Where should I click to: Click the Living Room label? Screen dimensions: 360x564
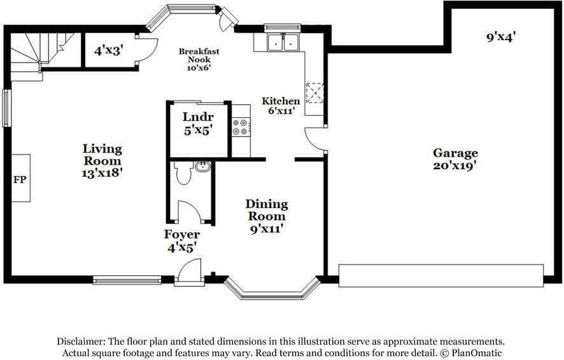(102, 160)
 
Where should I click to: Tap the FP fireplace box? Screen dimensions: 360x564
(20, 179)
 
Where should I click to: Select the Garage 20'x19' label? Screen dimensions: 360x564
(455, 158)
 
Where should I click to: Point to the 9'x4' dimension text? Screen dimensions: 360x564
(500, 37)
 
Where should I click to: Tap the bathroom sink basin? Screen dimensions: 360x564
(202, 167)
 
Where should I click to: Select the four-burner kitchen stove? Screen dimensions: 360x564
(241, 126)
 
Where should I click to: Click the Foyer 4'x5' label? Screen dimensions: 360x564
(182, 241)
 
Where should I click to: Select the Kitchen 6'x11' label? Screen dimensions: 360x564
(281, 106)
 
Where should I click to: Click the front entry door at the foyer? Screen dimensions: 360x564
(190, 272)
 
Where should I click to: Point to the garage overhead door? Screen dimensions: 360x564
(441, 275)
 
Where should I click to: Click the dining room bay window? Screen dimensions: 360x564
(272, 290)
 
